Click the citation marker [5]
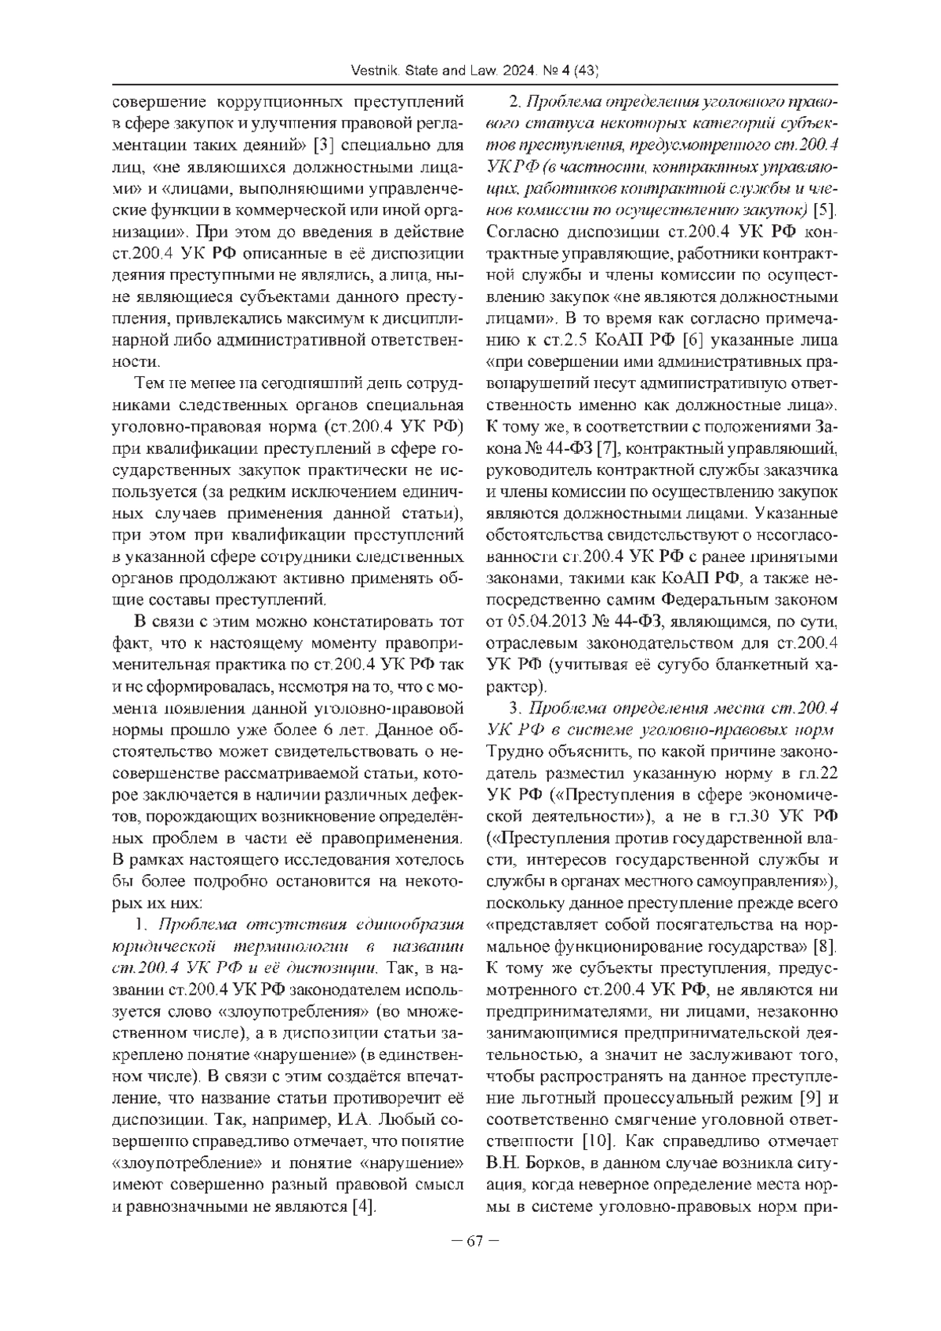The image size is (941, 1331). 824,210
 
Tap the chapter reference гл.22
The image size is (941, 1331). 818,774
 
